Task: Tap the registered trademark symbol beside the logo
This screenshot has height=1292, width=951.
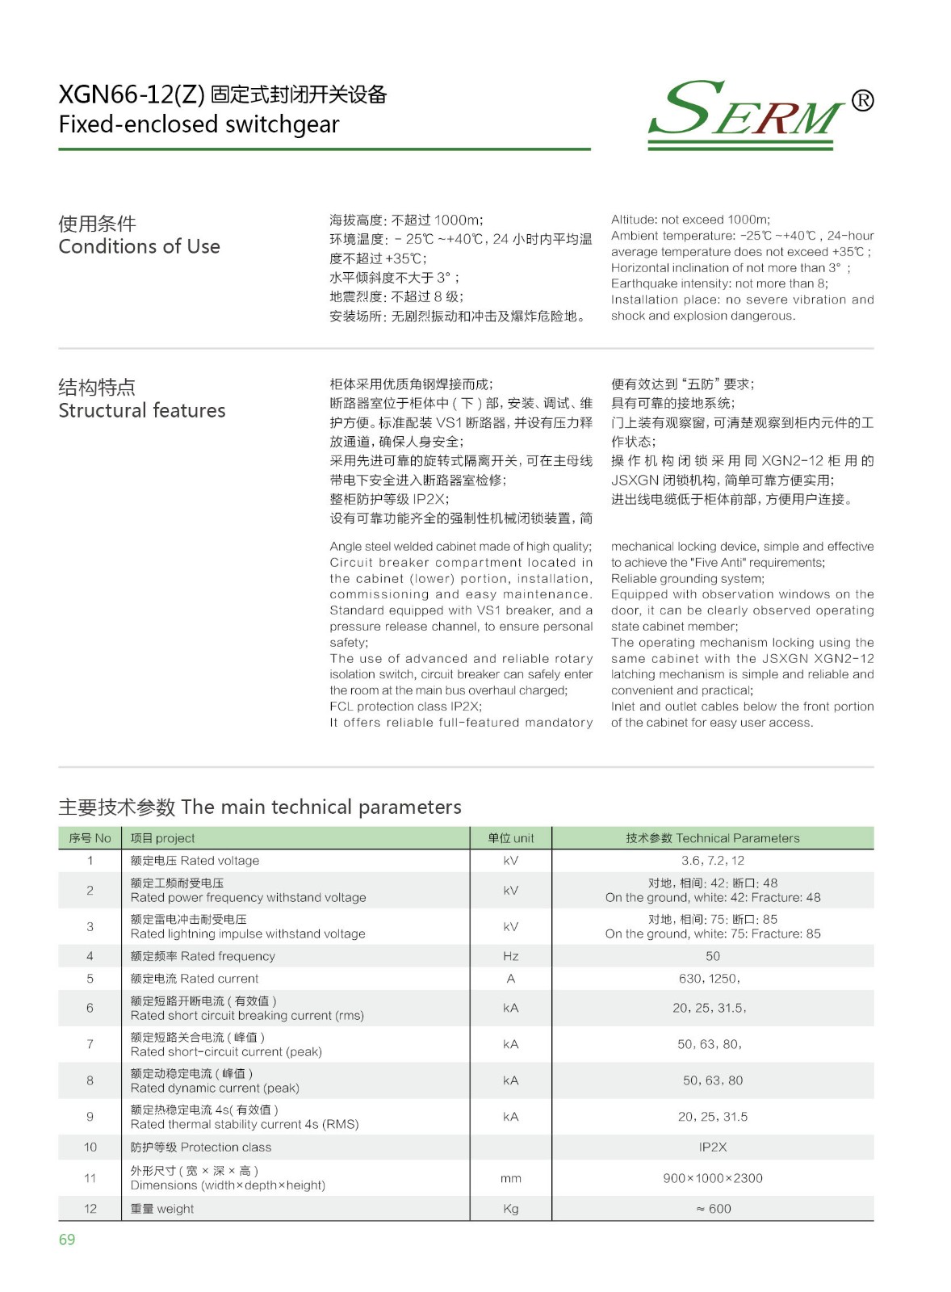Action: [x=862, y=100]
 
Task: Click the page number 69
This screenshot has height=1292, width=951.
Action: [x=67, y=1240]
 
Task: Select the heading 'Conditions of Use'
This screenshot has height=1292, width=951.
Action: [x=139, y=246]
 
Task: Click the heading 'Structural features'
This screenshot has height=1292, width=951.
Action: [x=142, y=410]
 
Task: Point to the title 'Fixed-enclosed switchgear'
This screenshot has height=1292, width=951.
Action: [x=199, y=124]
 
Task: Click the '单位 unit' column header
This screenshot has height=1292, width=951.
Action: [x=510, y=838]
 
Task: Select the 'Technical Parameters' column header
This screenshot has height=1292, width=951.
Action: [x=712, y=838]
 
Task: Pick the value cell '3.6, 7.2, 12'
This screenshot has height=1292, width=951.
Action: [x=712, y=861]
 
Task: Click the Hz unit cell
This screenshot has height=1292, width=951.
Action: [x=510, y=956]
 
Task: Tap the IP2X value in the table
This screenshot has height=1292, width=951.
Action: [x=712, y=1147]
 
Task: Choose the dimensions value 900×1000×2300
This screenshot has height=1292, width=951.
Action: [x=712, y=1178]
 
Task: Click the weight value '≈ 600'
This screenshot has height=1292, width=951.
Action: [x=713, y=1209]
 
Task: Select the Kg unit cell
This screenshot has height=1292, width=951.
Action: [x=510, y=1209]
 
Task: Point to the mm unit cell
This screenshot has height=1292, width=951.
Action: [x=510, y=1178]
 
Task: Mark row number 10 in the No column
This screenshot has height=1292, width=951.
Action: [x=90, y=1147]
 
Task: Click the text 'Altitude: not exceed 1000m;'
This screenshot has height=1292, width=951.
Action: [x=690, y=220]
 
